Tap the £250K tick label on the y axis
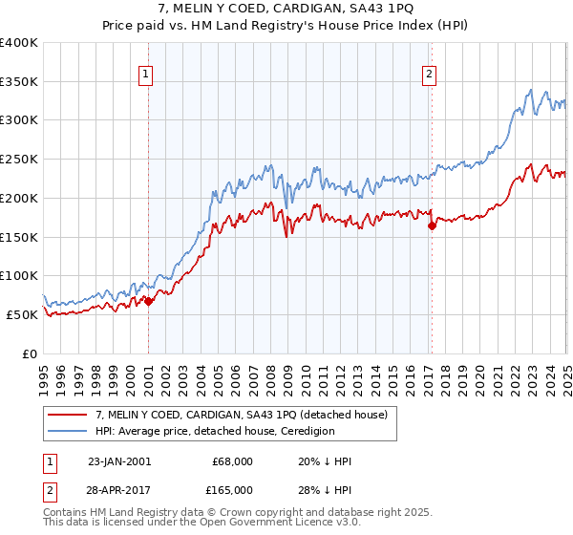pyautogui.click(x=19, y=160)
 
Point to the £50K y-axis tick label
pyautogui.click(x=22, y=314)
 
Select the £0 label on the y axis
pyautogui.click(x=29, y=353)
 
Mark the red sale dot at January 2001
pyautogui.click(x=149, y=301)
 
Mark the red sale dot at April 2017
pyautogui.click(x=432, y=225)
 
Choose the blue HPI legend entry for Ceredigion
pyautogui.click(x=214, y=431)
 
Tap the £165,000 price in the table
pyautogui.click(x=233, y=488)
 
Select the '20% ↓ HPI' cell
pyautogui.click(x=325, y=461)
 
